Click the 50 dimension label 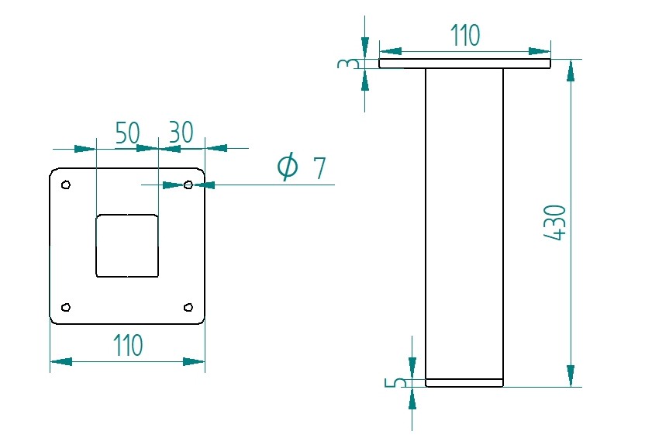(128, 133)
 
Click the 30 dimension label (181, 133)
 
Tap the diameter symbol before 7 (288, 167)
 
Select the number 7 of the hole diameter (319, 168)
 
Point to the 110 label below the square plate (127, 345)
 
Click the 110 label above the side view (465, 35)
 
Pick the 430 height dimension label (556, 222)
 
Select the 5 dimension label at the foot (400, 382)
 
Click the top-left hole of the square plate (66, 185)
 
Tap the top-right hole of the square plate (188, 185)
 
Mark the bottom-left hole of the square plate (66, 307)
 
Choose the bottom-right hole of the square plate (188, 307)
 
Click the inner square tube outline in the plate (127, 246)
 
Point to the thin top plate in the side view (464, 64)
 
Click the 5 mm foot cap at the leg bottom (464, 383)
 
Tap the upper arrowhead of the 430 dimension (571, 71)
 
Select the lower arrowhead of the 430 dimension (571, 375)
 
